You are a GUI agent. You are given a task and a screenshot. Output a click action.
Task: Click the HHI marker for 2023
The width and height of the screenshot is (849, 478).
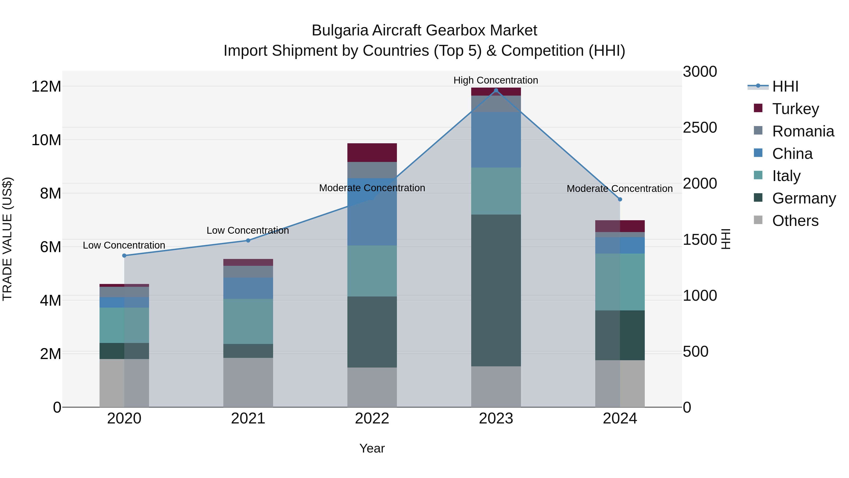[x=496, y=90]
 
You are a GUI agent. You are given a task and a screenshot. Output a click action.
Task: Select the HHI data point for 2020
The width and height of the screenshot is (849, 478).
[x=124, y=256]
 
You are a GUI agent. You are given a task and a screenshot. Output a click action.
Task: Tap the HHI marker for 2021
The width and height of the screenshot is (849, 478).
[x=248, y=241]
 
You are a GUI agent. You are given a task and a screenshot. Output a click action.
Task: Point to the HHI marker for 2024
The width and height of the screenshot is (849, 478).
[x=620, y=199]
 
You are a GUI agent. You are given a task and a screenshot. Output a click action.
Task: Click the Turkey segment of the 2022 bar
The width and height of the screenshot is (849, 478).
[x=372, y=152]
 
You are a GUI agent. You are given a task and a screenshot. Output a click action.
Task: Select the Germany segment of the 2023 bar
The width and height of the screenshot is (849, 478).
[x=496, y=290]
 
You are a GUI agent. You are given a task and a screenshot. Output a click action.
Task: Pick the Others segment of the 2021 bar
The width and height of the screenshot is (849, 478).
[x=248, y=382]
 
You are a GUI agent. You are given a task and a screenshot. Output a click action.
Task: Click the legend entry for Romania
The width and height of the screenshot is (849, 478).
[x=803, y=131]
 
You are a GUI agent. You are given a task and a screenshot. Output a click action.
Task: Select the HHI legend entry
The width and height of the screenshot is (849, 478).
[x=785, y=86]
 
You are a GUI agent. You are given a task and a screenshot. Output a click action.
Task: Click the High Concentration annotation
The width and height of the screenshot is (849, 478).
[x=496, y=80]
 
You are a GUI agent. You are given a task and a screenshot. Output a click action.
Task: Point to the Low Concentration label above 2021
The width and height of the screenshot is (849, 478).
[x=248, y=230]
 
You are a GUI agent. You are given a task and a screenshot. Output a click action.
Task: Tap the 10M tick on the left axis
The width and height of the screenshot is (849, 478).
[x=46, y=140]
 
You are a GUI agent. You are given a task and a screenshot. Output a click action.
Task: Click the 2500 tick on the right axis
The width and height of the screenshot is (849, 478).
[x=700, y=128]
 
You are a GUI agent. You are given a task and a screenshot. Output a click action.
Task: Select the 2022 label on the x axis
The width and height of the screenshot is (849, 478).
[x=372, y=419]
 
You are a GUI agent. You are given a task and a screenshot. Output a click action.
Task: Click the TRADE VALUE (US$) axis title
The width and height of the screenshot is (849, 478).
[x=8, y=239]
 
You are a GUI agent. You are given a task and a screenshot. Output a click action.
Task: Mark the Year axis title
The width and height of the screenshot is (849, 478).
[x=372, y=448]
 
